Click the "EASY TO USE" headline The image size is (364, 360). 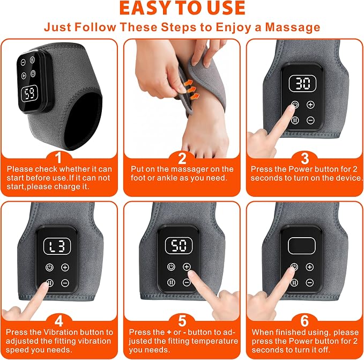(x=182, y=8)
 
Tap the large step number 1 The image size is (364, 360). (x=59, y=158)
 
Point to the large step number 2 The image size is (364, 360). (x=182, y=158)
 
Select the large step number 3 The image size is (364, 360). (x=305, y=158)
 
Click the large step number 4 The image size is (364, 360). (x=59, y=321)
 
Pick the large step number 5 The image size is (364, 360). (x=182, y=321)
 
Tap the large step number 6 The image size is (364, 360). (x=304, y=321)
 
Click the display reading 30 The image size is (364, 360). (x=302, y=84)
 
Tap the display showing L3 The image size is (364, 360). (x=57, y=246)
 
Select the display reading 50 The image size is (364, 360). (x=179, y=246)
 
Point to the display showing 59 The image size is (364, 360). (x=29, y=93)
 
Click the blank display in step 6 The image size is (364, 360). (x=302, y=246)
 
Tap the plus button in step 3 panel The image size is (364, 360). (x=310, y=105)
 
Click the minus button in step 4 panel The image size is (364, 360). (x=65, y=283)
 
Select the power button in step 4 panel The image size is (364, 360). (x=49, y=267)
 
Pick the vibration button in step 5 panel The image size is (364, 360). (x=171, y=282)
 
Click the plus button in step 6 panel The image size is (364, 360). (x=310, y=267)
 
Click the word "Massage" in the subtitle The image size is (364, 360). (x=293, y=27)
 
